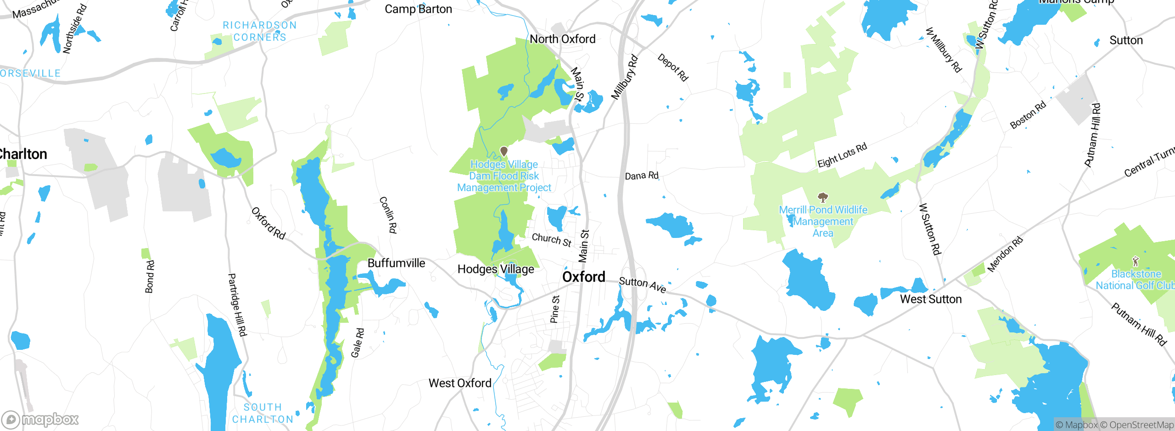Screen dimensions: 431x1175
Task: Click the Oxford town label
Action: click(583, 277)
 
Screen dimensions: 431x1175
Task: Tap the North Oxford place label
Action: click(562, 39)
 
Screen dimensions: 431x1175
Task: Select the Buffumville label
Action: click(396, 263)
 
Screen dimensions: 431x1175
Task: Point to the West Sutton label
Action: click(930, 299)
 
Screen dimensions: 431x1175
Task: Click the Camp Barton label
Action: click(418, 9)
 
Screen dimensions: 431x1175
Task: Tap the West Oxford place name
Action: click(459, 383)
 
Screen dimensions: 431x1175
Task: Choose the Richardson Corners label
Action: click(260, 31)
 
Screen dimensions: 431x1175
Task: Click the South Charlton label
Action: click(263, 413)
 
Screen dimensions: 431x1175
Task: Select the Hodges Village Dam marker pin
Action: click(504, 151)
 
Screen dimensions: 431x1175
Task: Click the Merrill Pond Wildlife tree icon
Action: click(823, 198)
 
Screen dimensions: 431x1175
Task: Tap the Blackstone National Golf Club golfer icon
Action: click(1136, 262)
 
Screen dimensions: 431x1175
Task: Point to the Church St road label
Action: click(551, 240)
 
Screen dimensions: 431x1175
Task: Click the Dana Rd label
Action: click(642, 176)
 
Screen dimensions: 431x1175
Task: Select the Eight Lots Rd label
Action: click(842, 155)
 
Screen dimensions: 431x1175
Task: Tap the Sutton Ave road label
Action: click(642, 285)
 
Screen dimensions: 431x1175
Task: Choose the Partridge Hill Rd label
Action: click(237, 305)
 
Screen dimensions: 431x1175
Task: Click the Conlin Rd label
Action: click(388, 215)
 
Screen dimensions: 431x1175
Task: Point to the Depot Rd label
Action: click(672, 67)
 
